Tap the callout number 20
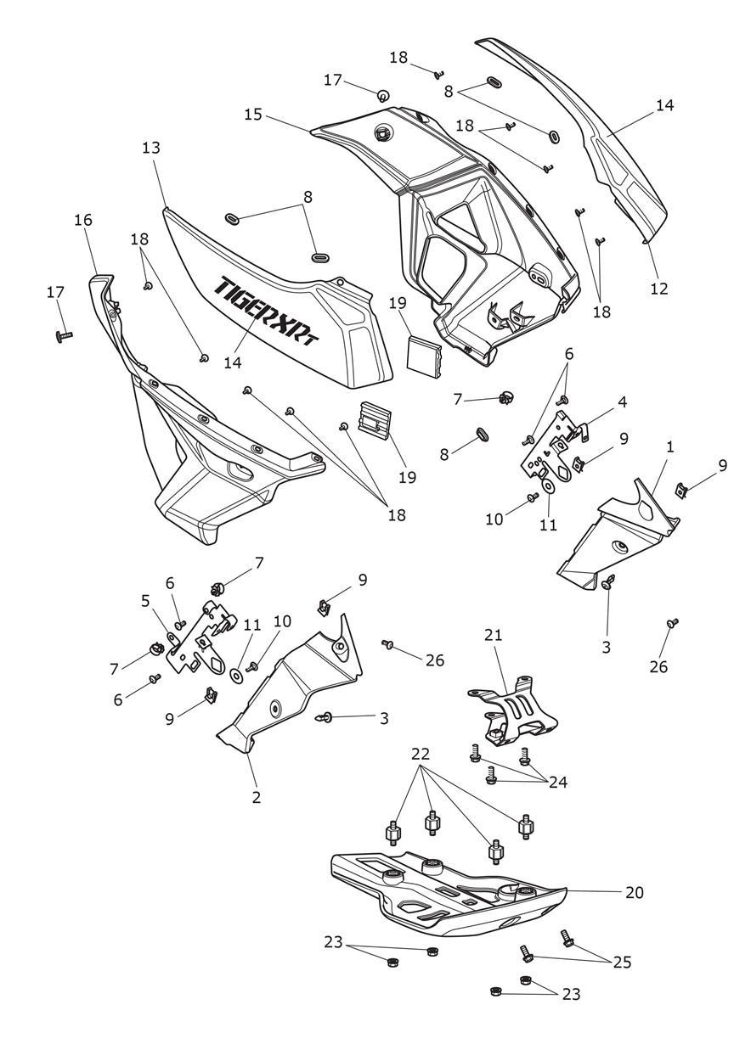tap(634, 892)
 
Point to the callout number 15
tap(253, 113)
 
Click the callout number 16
tap(82, 220)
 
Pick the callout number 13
tap(150, 148)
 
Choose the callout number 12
tap(659, 288)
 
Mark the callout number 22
tap(421, 753)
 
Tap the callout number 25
tap(623, 962)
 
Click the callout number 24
tap(557, 782)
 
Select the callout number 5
tap(145, 600)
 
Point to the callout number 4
tap(623, 401)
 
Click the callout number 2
tap(256, 797)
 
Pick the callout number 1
tap(670, 446)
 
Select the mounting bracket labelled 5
tap(204, 637)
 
